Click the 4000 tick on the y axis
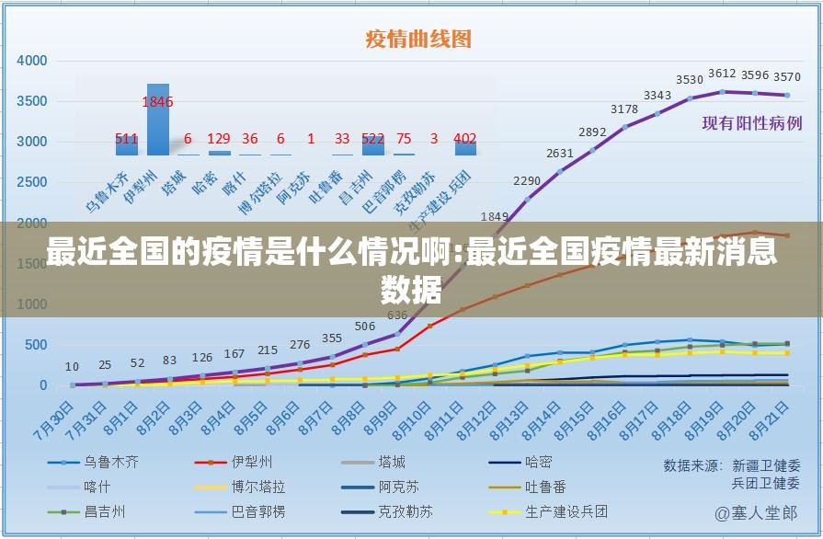tap(32, 61)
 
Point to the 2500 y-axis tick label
tap(32, 182)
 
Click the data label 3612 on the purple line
tap(722, 74)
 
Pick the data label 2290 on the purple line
tap(527, 180)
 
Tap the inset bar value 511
tap(127, 139)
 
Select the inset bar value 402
tap(465, 139)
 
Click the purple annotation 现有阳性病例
tap(751, 123)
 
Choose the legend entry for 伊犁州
tap(251, 463)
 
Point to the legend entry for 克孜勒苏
tap(405, 511)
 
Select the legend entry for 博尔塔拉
tap(257, 487)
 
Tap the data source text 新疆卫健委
tap(766, 465)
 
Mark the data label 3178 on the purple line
tap(624, 109)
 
